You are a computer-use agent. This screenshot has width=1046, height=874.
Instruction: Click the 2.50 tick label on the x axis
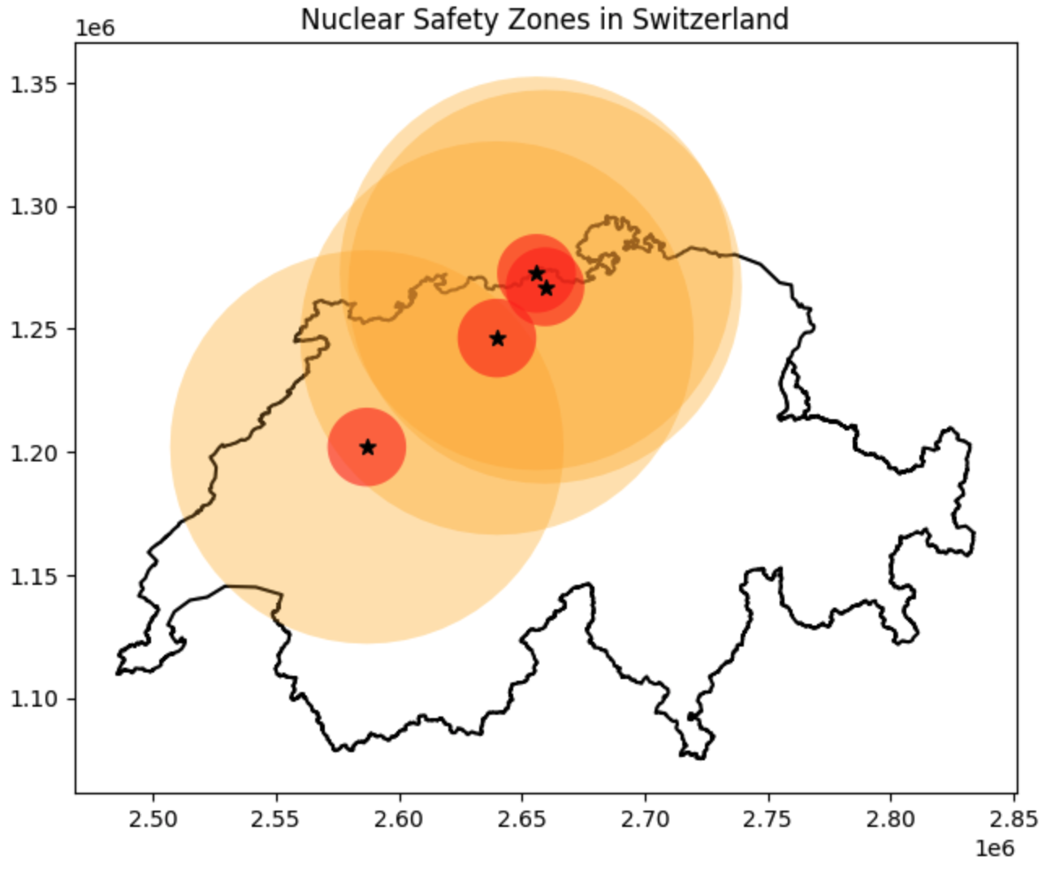click(153, 818)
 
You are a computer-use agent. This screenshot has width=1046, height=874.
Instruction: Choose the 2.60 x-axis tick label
click(400, 818)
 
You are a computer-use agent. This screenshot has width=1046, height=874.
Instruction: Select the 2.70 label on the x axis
click(646, 818)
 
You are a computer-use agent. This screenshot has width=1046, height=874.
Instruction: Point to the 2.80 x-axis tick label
click(891, 818)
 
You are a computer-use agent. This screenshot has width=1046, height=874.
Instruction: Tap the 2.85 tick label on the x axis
click(1014, 818)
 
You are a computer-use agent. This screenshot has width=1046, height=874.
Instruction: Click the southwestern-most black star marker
click(368, 448)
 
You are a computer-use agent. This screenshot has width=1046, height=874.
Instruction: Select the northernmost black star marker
click(537, 273)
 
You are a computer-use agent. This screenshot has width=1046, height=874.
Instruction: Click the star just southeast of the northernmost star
click(547, 288)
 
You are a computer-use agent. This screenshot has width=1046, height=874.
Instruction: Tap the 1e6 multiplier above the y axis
click(95, 28)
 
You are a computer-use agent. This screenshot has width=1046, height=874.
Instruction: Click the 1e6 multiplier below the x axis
click(995, 849)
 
